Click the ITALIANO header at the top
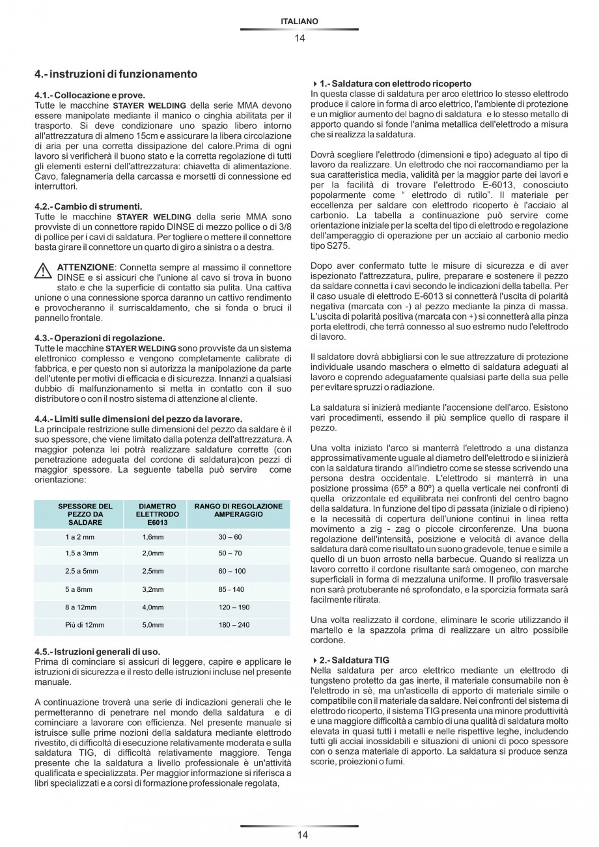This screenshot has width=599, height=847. pyautogui.click(x=299, y=21)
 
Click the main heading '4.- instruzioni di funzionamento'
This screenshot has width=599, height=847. pyautogui.click(x=116, y=74)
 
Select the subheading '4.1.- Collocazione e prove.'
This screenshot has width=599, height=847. pyautogui.click(x=90, y=95)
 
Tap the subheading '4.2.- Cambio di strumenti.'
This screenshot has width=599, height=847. pyautogui.click(x=88, y=206)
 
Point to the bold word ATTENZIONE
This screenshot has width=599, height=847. pyautogui.click(x=86, y=268)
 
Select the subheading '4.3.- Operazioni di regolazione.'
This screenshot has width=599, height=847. pyautogui.click(x=100, y=338)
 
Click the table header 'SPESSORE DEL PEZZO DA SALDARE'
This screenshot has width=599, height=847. pyautogui.click(x=85, y=514)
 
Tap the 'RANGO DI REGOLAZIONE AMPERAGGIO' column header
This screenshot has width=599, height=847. pyautogui.click(x=238, y=510)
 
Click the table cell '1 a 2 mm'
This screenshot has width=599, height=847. pyautogui.click(x=79, y=537)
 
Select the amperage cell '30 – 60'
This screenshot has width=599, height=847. pyautogui.click(x=230, y=537)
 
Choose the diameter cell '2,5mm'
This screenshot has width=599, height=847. pyautogui.click(x=153, y=571)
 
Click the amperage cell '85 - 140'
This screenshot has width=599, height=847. pyautogui.click(x=231, y=589)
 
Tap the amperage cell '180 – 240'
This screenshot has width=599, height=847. pyautogui.click(x=234, y=625)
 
